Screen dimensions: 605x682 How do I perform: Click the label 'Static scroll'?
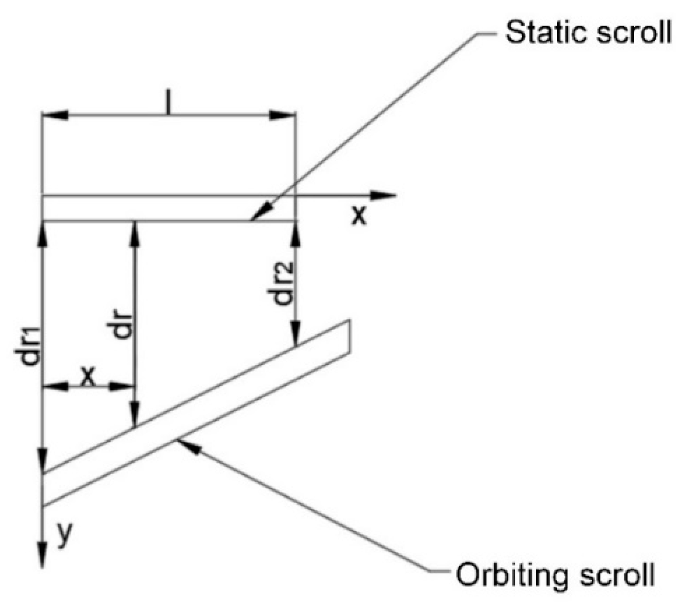click(x=588, y=33)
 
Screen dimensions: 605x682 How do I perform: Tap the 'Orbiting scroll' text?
click(x=555, y=574)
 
